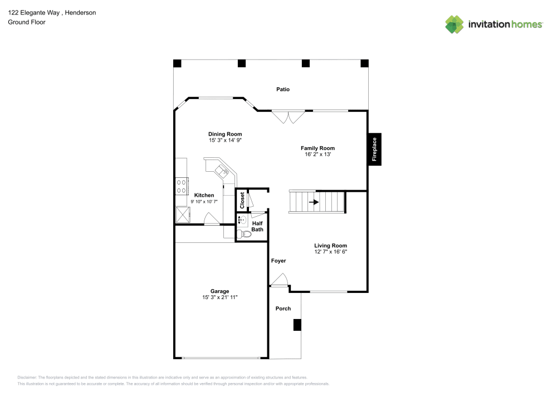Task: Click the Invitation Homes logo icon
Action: pos(454,24)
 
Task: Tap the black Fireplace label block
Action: pos(374,150)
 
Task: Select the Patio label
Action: pos(283,89)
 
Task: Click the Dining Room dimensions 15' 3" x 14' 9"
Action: pos(225,141)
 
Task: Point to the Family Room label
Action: pos(317,148)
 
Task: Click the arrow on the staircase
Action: pos(314,202)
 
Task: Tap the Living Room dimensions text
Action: pos(330,252)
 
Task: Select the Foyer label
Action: pos(278,261)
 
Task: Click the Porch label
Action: pos(284,309)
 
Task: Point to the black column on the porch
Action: pos(297,325)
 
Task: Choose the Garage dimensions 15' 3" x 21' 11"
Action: pos(220,298)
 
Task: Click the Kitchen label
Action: pos(204,195)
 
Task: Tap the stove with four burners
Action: pos(182,186)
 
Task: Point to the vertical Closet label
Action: pos(242,200)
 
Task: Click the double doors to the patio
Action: pos(288,117)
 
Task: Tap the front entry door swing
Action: pos(280,280)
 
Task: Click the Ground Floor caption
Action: pos(27,22)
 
